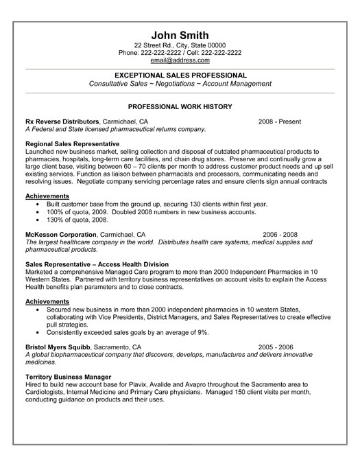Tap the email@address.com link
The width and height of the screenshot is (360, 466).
click(x=180, y=60)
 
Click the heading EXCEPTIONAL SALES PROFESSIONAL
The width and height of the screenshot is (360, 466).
click(x=180, y=74)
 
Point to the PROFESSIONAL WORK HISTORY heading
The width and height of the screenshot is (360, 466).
click(x=180, y=107)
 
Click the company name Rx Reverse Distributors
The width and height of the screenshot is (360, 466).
click(x=62, y=121)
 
